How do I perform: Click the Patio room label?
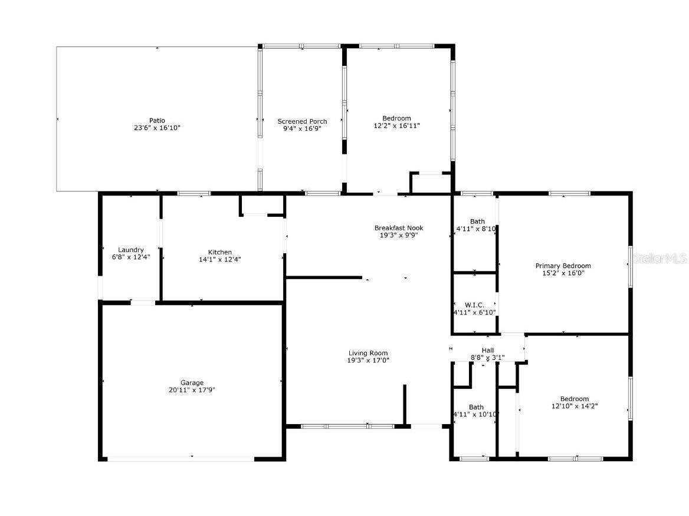click(x=158, y=121)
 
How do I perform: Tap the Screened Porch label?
click(x=302, y=121)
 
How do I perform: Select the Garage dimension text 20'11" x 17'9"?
click(x=192, y=389)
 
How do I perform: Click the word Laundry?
click(x=131, y=250)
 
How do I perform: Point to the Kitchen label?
click(x=219, y=252)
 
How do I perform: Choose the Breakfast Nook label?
click(x=399, y=228)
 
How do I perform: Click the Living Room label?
click(x=368, y=353)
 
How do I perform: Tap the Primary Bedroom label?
click(x=563, y=266)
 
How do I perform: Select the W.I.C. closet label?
click(x=474, y=305)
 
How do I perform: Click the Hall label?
click(x=488, y=350)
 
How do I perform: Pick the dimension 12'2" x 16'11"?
click(x=397, y=125)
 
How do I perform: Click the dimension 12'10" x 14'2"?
click(x=575, y=406)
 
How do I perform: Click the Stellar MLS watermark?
click(x=660, y=258)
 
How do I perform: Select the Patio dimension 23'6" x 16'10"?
click(x=158, y=128)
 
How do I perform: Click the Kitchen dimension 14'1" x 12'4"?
click(x=219, y=259)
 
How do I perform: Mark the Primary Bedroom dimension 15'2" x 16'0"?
click(x=563, y=273)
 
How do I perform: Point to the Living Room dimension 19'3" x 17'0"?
click(x=368, y=360)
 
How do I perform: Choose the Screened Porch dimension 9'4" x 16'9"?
click(x=302, y=128)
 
